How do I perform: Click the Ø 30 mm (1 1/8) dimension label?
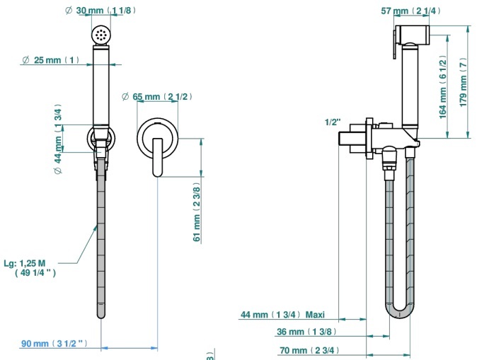(x=100, y=11)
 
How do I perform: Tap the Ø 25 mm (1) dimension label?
(x=50, y=60)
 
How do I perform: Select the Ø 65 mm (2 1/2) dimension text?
(x=156, y=97)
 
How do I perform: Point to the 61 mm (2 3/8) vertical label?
(x=197, y=212)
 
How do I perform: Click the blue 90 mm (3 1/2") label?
(x=54, y=344)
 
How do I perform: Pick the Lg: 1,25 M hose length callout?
(x=30, y=268)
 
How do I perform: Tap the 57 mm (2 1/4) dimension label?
(x=410, y=11)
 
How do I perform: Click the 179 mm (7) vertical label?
(x=463, y=82)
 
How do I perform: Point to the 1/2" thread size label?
(x=333, y=122)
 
